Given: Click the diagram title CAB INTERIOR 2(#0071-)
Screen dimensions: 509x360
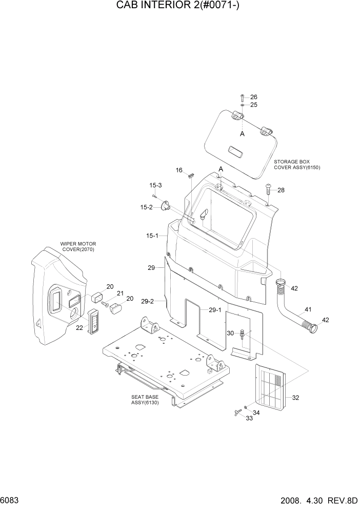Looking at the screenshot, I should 179,7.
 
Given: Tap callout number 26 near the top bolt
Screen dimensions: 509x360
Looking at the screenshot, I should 253,97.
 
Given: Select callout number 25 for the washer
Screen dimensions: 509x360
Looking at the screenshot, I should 253,105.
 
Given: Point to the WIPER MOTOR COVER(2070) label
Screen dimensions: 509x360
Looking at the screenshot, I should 78,247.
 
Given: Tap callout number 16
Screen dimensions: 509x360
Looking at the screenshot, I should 179,170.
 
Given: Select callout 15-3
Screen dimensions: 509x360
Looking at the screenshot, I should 155,185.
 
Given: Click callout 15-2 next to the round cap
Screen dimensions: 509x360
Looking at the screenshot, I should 147,207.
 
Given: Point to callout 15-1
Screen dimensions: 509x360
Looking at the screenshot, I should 152,236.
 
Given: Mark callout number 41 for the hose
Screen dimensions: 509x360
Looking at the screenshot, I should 308,309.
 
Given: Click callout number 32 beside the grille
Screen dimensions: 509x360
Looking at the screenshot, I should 295,397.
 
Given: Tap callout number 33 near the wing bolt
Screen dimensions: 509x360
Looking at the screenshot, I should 250,418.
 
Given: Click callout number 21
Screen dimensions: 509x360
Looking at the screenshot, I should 121,293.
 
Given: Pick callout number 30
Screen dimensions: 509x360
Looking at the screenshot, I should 230,333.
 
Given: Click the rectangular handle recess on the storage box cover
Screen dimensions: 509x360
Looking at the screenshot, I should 237,150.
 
